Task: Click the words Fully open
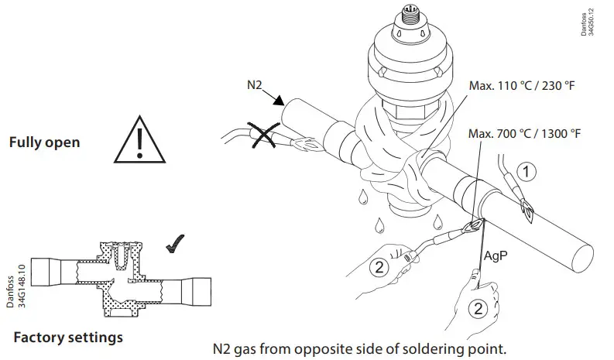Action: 44,143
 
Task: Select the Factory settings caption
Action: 68,338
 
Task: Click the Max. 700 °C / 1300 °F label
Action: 524,134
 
